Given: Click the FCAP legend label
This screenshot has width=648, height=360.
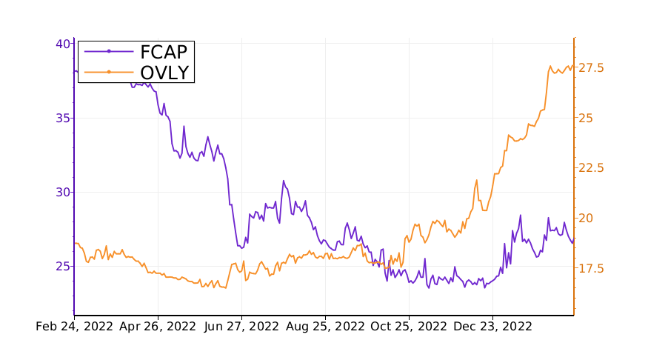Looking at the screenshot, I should click(x=164, y=51).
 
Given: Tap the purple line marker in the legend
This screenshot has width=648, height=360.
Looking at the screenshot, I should click(x=109, y=51).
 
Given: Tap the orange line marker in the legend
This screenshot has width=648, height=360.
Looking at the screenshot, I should click(x=109, y=72).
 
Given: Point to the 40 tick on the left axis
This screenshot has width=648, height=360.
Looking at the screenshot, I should click(x=64, y=44).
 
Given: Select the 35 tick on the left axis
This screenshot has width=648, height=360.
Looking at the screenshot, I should click(x=64, y=118).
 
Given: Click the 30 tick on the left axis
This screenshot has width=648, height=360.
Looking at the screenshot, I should click(x=64, y=192).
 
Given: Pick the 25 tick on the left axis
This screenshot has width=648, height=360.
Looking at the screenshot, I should click(x=64, y=266).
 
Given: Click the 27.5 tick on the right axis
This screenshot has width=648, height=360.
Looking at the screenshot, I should click(x=592, y=68).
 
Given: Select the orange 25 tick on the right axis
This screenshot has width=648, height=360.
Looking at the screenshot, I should click(x=587, y=118).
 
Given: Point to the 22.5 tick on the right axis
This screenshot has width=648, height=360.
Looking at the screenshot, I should click(x=592, y=168).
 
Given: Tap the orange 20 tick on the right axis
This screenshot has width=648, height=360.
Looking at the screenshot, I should click(x=587, y=218).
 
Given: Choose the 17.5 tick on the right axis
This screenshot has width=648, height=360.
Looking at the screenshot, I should click(x=592, y=268).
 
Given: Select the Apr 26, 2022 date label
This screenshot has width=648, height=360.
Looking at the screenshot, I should click(x=158, y=327).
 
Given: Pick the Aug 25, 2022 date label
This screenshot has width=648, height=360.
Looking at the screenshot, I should click(x=325, y=327).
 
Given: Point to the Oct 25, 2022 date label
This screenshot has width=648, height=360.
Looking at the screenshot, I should click(x=410, y=327).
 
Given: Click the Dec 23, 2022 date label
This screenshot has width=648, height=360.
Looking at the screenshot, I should click(x=492, y=327).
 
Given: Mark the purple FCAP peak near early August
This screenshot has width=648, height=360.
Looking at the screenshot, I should click(x=283, y=181).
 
